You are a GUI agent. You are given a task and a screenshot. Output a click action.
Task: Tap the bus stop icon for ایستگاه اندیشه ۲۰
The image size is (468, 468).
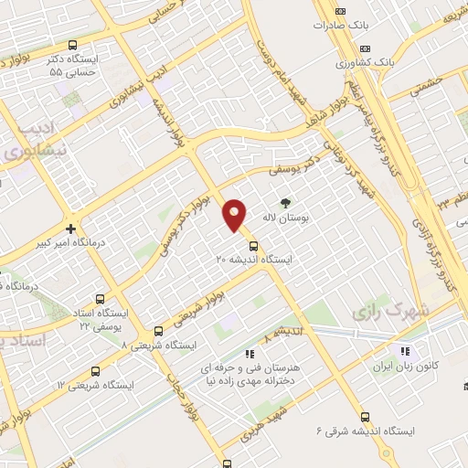(x=253, y=245)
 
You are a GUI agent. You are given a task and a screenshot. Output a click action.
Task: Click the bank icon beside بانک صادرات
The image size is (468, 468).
(x=340, y=11)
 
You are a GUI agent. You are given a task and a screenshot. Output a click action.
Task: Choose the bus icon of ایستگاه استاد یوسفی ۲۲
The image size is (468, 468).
(x=99, y=298)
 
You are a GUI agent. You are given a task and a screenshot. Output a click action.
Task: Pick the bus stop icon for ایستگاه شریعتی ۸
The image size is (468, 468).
(x=159, y=331)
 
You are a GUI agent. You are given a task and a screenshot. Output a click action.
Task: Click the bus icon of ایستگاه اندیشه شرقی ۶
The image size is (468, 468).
(x=365, y=417)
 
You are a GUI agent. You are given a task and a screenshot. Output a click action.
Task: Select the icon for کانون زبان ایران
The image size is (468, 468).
(x=401, y=350)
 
